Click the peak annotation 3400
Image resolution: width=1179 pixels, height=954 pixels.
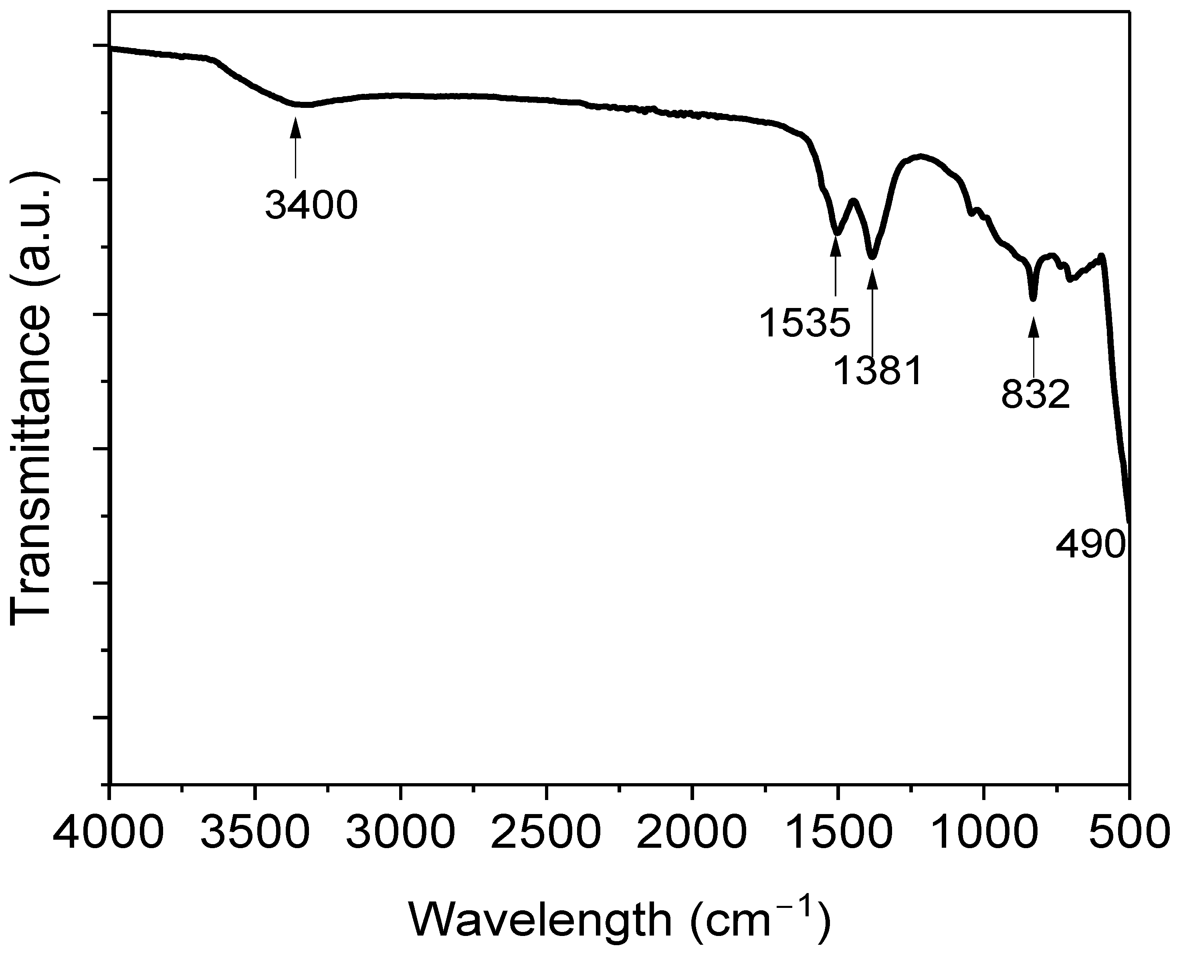click(311, 206)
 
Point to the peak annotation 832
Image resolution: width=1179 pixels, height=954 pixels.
click(1036, 394)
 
